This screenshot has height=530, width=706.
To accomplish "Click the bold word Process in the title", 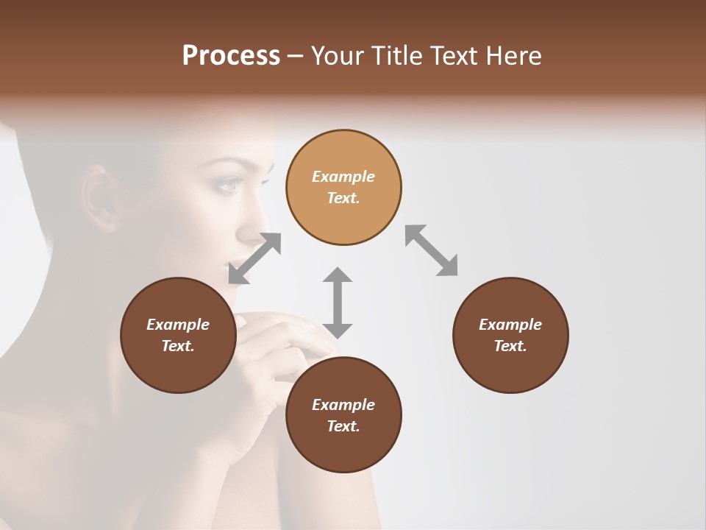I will click(231, 56).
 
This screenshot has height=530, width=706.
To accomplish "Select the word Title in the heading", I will click(398, 56).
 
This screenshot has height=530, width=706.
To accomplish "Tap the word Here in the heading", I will click(513, 56).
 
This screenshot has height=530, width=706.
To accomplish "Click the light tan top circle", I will click(343, 188).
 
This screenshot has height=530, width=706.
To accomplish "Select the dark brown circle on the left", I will click(178, 335).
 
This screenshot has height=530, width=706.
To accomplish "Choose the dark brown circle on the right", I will click(510, 335).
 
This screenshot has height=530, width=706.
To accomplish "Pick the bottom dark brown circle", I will click(343, 415).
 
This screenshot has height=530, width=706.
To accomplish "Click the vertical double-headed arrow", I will click(338, 303).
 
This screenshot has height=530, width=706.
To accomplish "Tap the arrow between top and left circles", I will click(254, 258).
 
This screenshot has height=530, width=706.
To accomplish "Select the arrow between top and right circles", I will click(432, 250).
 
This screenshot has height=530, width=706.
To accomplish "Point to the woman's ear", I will click(99, 199).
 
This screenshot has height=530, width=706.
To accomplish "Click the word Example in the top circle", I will click(343, 177).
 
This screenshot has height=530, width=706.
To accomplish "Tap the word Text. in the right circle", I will click(510, 346).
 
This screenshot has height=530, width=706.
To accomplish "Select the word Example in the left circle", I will click(178, 325).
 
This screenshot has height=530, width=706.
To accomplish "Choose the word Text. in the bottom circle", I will click(343, 426).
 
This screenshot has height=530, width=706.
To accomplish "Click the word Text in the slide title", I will click(454, 56).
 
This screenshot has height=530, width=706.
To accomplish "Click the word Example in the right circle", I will click(510, 325).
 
